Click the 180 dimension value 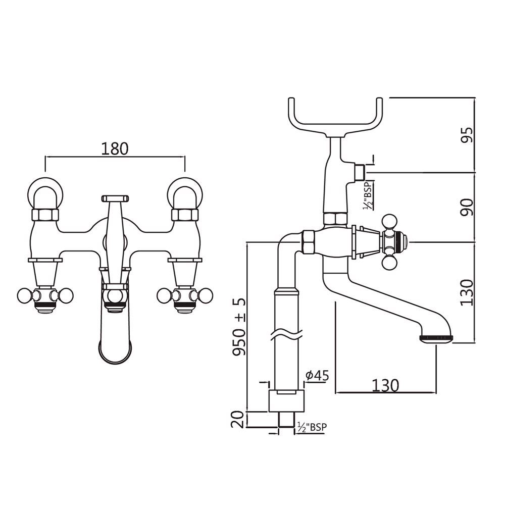click(115, 148)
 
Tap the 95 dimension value click(467, 135)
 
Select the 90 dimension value click(467, 207)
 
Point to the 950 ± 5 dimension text click(239, 327)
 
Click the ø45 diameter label click(318, 375)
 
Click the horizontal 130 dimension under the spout click(385, 385)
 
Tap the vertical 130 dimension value click(467, 292)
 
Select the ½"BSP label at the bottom click(312, 427)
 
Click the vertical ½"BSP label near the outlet click(368, 195)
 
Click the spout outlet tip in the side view click(436, 338)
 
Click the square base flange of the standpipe click(286, 401)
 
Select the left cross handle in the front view click(45, 295)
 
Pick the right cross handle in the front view click(185, 295)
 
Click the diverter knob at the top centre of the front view click(115, 198)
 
